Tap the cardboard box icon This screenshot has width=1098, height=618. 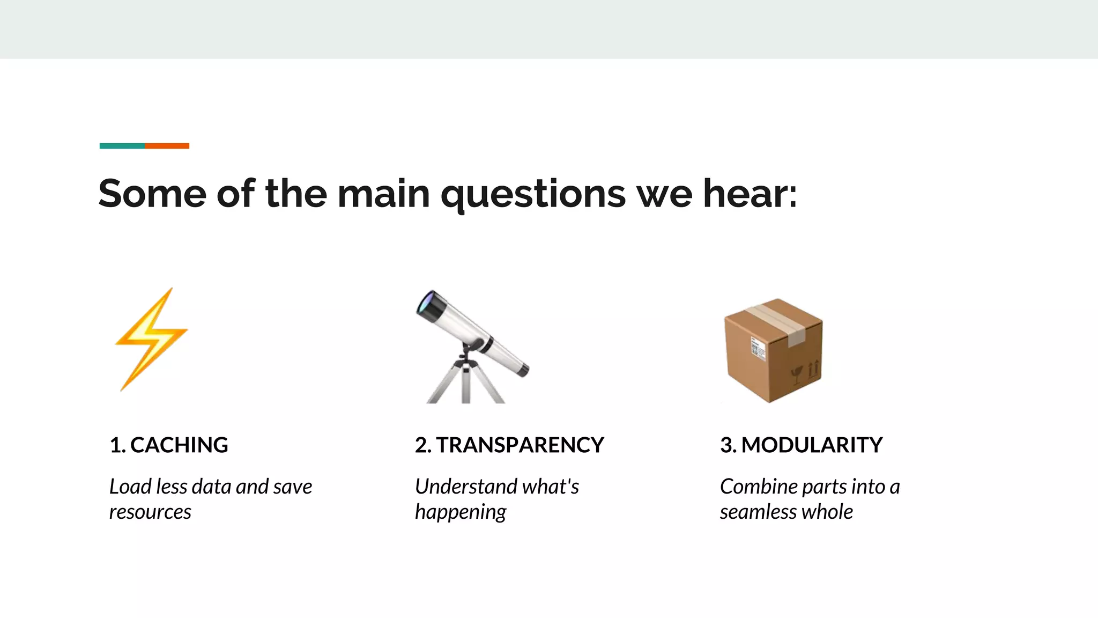pos(773,350)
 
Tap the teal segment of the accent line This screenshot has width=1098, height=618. pos(122,146)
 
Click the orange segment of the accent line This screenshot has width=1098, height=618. pos(167,146)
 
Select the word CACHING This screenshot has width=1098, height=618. pos(179,445)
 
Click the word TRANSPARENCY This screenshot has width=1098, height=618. pos(520,445)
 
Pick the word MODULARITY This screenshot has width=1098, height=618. pos(812,445)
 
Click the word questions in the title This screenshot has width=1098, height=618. pos(533,194)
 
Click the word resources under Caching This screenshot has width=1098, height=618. pos(150,512)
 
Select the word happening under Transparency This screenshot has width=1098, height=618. pos(461,512)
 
